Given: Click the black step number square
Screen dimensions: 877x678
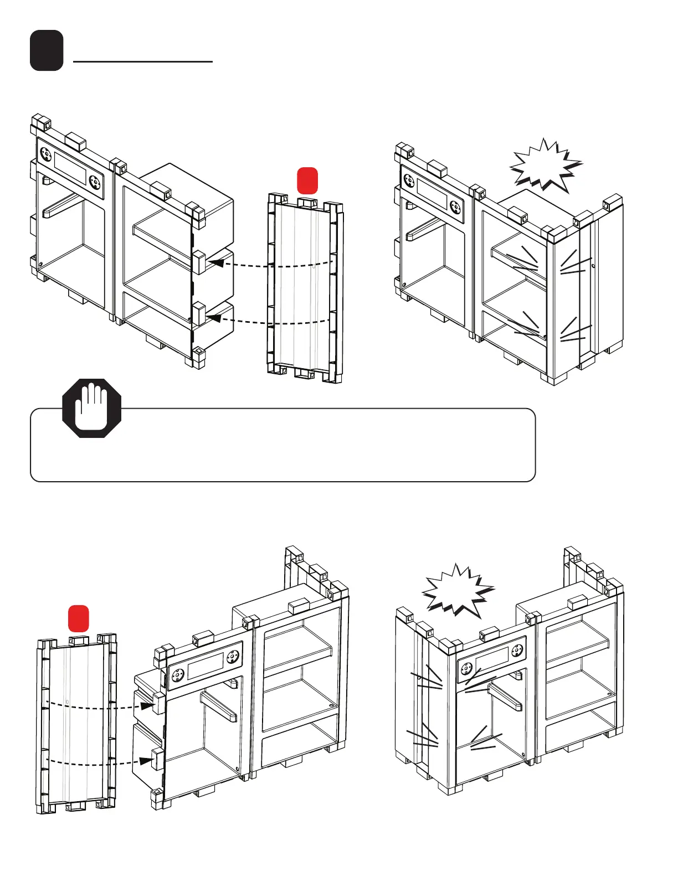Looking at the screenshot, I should click(x=47, y=50).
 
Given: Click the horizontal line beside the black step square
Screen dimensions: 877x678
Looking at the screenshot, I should click(x=143, y=62).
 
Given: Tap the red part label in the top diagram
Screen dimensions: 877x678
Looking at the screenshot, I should click(x=307, y=180).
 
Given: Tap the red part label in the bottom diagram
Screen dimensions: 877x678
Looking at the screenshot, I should click(x=79, y=618).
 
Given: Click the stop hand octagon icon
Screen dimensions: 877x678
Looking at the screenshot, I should click(x=92, y=408).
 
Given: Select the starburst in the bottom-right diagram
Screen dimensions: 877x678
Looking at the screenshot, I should click(x=458, y=590).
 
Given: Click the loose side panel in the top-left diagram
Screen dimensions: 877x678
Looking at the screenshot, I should click(x=305, y=288).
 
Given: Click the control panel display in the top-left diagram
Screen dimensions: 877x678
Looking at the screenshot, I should click(x=70, y=168).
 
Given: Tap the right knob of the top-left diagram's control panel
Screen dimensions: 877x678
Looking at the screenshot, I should click(x=95, y=182).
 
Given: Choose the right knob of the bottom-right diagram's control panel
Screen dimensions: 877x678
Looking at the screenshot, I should click(x=517, y=652).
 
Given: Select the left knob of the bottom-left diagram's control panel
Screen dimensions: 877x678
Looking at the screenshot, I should click(x=178, y=675).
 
